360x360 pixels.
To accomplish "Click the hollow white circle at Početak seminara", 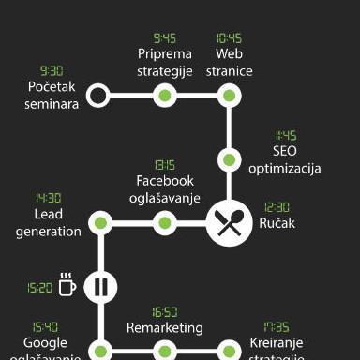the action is [x=97, y=96].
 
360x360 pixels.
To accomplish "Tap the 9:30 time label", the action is [x=52, y=71].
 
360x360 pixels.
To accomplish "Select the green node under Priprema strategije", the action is [x=165, y=96].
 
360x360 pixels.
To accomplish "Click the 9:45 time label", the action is [x=165, y=38].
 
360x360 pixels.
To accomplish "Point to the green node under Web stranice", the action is [x=229, y=96].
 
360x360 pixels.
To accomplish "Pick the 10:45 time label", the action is [x=229, y=38].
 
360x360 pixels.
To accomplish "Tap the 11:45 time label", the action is [x=286, y=136].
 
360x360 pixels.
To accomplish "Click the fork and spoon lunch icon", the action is [x=229, y=223].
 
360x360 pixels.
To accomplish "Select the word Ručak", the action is [x=277, y=224].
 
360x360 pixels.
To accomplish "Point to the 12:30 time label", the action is [x=277, y=207].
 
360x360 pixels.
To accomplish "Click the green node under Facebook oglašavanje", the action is [x=165, y=223].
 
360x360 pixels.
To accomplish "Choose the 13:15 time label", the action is [x=165, y=165].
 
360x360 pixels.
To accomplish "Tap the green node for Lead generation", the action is [x=100, y=223].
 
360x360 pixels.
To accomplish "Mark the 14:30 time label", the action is [x=49, y=199].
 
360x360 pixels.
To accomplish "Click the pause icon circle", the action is [x=100, y=286].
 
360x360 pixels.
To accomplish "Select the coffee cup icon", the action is [x=67, y=285].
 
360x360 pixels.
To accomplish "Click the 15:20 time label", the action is [x=40, y=288].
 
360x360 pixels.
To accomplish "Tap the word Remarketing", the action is [x=165, y=328].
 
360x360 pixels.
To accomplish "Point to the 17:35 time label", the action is [x=276, y=327].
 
